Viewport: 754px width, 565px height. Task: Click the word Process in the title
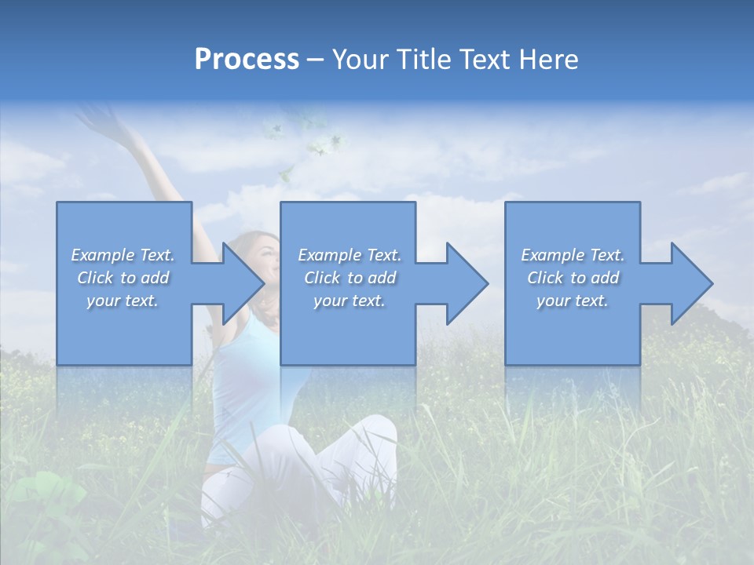pyautogui.click(x=247, y=60)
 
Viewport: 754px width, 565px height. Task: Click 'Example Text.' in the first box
pyautogui.click(x=123, y=255)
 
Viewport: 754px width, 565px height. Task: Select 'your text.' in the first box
pyautogui.click(x=123, y=301)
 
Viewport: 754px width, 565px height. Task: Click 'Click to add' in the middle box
pyautogui.click(x=350, y=278)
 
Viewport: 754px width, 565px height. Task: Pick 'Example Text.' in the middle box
pyautogui.click(x=350, y=255)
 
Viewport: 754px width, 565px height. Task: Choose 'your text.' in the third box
pyautogui.click(x=573, y=301)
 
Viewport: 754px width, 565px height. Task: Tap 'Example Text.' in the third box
pyautogui.click(x=573, y=255)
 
